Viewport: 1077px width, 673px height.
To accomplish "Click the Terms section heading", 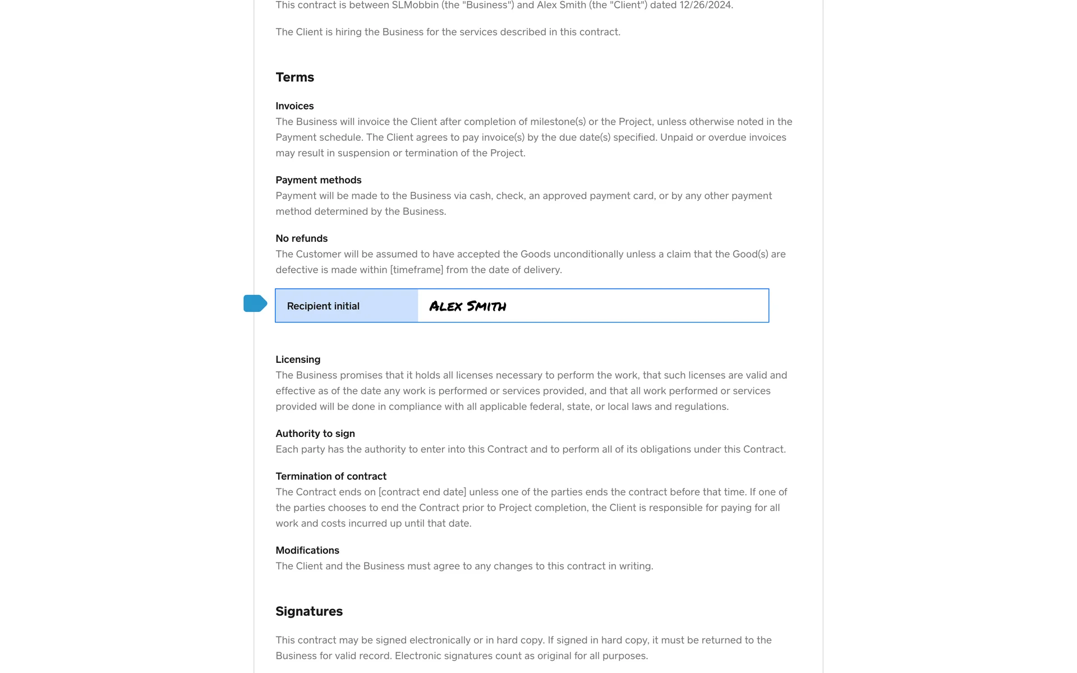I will [x=294, y=77].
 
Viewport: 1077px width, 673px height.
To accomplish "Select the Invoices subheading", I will [x=294, y=106].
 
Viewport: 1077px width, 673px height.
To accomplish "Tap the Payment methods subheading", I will [x=318, y=180].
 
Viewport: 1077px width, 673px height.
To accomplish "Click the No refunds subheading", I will [x=301, y=238].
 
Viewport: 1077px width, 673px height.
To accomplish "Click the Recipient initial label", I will [x=323, y=306].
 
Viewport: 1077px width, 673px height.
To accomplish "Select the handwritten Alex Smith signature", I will [x=467, y=306].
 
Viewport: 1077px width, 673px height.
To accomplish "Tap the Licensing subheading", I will [x=298, y=359].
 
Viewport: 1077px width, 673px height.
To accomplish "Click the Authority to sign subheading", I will [x=315, y=434].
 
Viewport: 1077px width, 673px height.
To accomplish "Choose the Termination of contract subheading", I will [x=330, y=476].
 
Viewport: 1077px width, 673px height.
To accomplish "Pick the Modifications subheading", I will [x=307, y=550].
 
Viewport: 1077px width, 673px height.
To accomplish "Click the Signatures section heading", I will [x=309, y=611].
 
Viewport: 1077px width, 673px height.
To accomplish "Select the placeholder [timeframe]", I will [x=416, y=270].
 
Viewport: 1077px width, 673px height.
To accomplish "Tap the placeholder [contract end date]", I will [x=422, y=492].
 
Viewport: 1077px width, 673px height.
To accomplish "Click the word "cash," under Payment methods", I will [x=481, y=196].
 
